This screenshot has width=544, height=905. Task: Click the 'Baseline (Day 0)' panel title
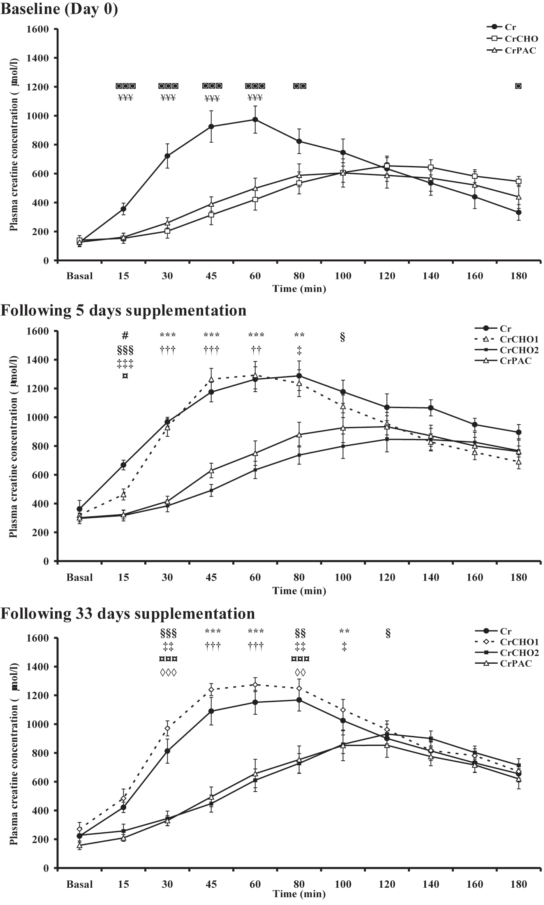pos(59,9)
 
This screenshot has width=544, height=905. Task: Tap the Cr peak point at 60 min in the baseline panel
pos(255,120)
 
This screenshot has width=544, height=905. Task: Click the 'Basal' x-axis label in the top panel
pos(80,276)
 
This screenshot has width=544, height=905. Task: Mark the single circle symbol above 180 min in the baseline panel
pos(519,86)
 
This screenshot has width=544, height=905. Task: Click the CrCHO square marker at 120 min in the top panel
pos(387,166)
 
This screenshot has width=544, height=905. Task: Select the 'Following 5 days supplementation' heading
pos(123,310)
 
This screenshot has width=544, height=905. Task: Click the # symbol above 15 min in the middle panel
pos(125,336)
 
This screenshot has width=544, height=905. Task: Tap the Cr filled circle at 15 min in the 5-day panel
pos(123,465)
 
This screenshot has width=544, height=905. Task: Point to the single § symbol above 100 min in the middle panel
pos(343,337)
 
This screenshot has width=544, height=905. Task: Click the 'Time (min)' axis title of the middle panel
pos(299,591)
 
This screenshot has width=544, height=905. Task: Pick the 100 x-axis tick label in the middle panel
pos(343,577)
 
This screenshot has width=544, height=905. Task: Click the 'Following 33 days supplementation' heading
pos(127,613)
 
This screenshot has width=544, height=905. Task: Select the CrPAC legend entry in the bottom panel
pos(516,663)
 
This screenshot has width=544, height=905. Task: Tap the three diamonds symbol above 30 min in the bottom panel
pos(168,673)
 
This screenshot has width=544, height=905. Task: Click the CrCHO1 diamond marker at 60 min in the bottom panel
pos(255,685)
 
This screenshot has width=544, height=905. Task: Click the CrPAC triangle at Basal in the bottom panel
pos(79,845)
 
